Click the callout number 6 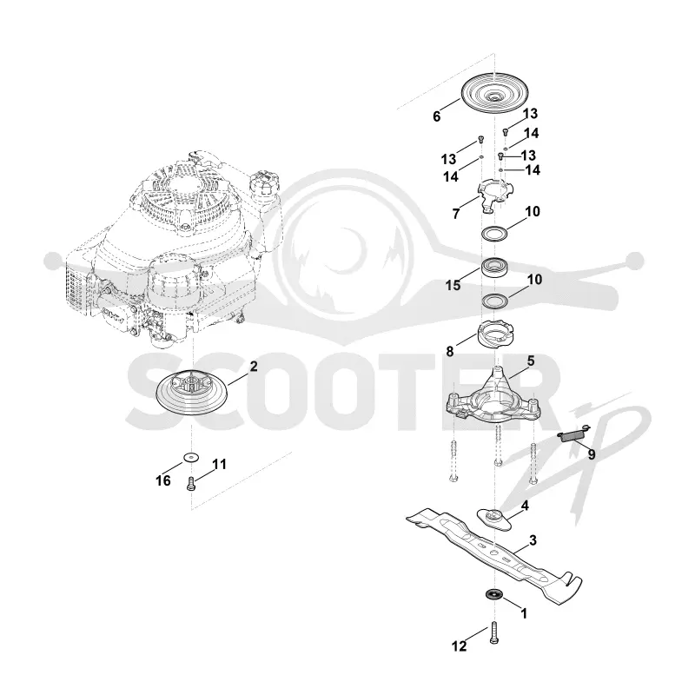coord(437,116)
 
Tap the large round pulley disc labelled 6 coord(493,93)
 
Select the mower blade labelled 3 coord(493,555)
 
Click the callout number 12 coord(460,646)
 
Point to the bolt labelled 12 coord(494,633)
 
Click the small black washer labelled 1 coord(492,593)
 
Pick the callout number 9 coord(592,454)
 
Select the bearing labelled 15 coord(494,268)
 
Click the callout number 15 coord(453,285)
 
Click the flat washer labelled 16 coord(191,457)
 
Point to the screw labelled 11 coord(191,483)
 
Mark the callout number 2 coord(254,366)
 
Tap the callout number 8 coord(450,352)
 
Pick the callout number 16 coord(163,480)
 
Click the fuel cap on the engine coord(265,183)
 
